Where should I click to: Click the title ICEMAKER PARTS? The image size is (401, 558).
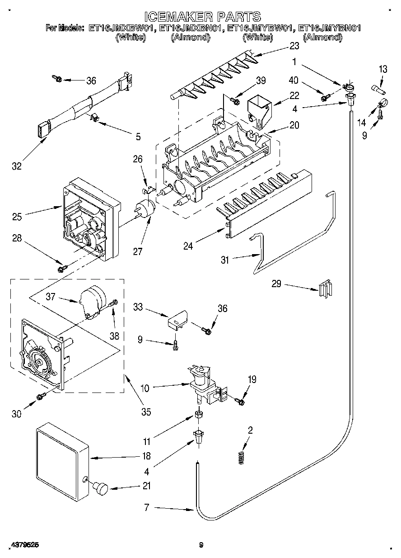coord(203,17)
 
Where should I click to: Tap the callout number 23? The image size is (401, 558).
coord(294,46)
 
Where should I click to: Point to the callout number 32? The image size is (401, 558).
coord(17,166)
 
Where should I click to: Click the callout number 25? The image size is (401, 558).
coord(17,217)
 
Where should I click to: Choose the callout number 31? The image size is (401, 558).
coord(225,260)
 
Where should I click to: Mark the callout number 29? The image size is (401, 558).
coord(276,284)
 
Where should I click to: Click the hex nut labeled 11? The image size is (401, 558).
coord(199,415)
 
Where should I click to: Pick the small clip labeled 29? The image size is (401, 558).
coord(326,288)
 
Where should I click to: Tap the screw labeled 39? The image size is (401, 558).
coord(234,101)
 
